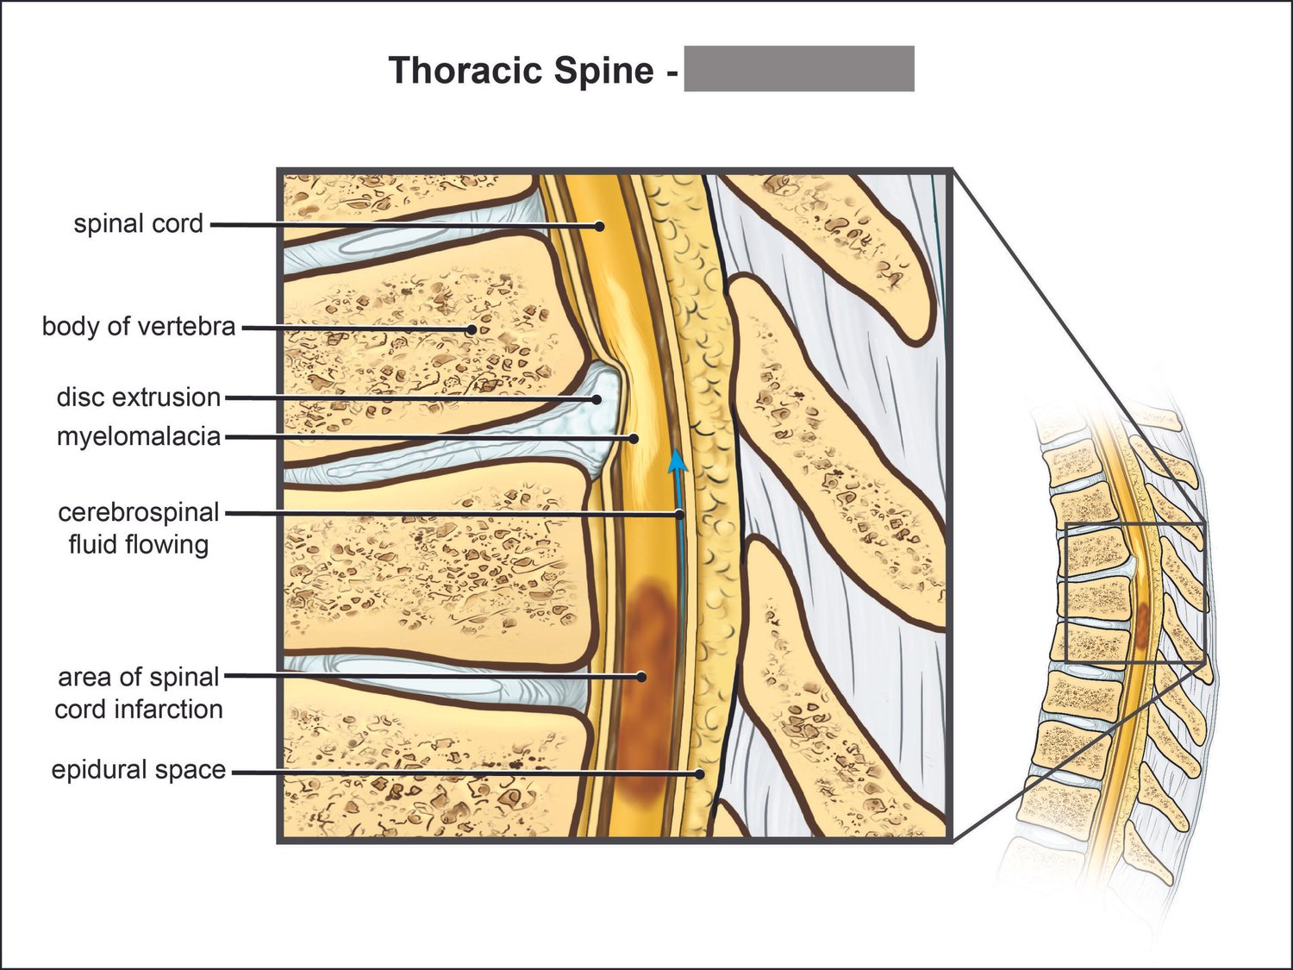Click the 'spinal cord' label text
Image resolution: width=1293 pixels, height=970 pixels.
click(138, 223)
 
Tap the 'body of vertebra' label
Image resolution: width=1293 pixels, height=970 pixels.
click(138, 327)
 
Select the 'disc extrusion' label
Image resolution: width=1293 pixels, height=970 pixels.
click(138, 397)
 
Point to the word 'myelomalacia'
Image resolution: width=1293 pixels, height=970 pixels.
click(138, 436)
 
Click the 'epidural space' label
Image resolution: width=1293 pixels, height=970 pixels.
click(138, 770)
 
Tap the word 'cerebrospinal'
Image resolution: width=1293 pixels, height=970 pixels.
click(138, 512)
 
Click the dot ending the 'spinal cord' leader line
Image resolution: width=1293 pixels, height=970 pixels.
click(601, 226)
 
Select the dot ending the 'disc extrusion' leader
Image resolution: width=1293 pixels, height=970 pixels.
click(597, 399)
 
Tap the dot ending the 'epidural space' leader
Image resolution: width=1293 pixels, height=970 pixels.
click(700, 773)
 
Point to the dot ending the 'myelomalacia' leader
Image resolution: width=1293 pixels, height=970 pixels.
click(634, 438)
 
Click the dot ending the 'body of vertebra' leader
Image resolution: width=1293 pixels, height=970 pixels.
click(472, 329)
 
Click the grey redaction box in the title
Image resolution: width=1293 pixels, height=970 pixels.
click(798, 69)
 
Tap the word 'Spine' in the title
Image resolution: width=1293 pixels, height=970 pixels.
click(603, 71)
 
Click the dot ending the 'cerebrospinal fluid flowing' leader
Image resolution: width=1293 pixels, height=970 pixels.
click(679, 514)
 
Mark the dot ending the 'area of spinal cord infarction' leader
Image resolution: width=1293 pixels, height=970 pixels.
click(641, 677)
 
